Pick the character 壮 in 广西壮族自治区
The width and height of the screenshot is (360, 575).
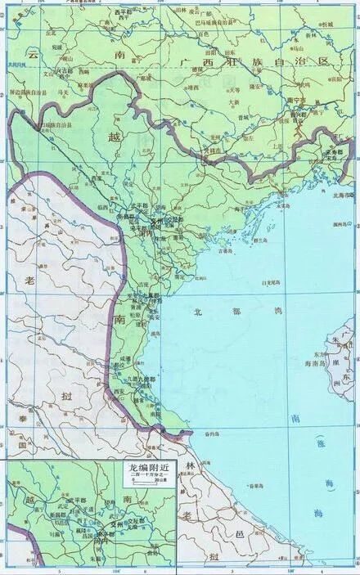[x=236, y=62]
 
